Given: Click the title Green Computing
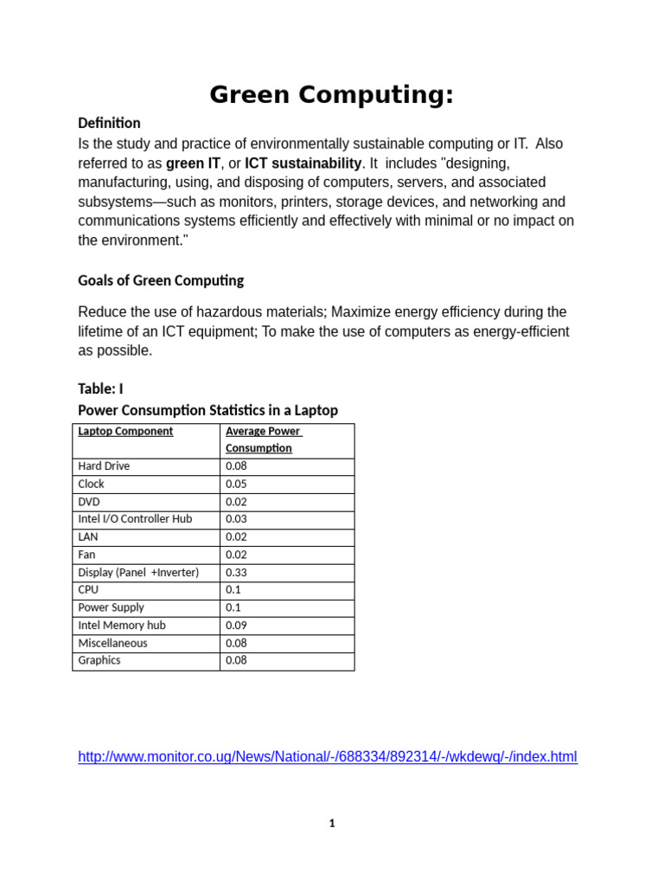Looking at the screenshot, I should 331,95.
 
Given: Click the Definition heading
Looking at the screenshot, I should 109,123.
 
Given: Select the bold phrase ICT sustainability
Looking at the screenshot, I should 303,163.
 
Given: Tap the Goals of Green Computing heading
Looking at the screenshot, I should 161,280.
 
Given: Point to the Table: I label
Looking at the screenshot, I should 100,388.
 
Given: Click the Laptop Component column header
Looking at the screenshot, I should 125,431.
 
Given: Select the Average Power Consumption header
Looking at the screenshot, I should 262,440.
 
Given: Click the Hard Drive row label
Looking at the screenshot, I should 104,465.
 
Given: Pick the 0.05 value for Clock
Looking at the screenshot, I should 236,484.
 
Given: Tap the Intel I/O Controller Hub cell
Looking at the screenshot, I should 135,519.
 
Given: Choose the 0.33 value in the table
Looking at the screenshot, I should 236,572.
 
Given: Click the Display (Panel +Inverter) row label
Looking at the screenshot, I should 138,572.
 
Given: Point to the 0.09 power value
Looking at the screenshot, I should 236,625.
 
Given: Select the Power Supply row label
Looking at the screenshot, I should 111,607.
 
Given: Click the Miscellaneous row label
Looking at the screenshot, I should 112,643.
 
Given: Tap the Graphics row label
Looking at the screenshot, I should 99,660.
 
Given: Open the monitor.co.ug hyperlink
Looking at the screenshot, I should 327,757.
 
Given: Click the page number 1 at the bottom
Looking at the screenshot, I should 332,824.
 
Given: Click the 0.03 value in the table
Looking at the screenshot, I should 236,519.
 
